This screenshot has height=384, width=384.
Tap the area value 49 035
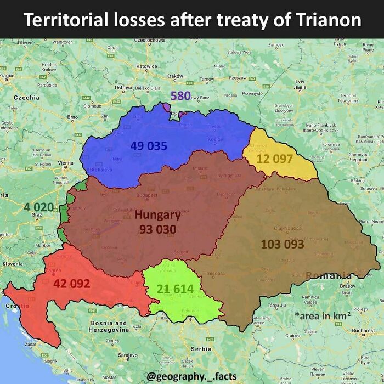coord(149,145)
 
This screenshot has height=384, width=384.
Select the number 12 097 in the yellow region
coord(275,159)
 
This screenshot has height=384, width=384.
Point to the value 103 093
coord(282,244)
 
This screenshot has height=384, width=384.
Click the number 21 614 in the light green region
coord(175,289)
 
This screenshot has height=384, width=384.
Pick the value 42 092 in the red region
coord(71,284)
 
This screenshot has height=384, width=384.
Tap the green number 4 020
coord(39,207)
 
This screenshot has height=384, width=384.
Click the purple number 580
coord(180,95)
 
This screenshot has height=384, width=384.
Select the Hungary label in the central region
coord(157,215)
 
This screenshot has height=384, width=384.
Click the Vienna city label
coord(65,163)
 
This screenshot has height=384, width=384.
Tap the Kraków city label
coord(174,76)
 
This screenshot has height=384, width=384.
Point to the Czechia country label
coord(26,97)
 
